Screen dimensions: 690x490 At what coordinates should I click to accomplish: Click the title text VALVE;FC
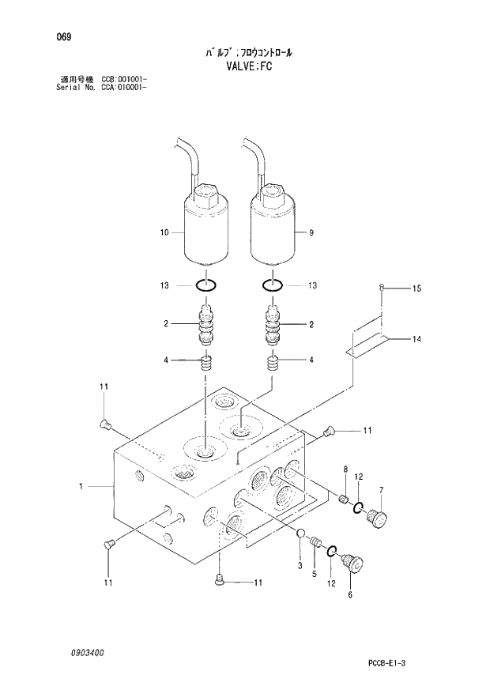247,68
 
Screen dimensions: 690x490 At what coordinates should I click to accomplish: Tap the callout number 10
164,232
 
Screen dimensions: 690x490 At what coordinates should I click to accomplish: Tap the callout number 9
311,232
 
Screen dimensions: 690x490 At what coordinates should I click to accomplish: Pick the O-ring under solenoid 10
205,285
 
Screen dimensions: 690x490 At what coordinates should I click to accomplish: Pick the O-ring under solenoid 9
272,285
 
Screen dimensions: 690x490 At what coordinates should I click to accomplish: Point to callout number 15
416,289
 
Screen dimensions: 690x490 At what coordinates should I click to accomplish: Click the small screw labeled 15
382,287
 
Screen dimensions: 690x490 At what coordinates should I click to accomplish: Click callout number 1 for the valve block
81,488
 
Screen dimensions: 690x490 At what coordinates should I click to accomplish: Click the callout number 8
345,471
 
